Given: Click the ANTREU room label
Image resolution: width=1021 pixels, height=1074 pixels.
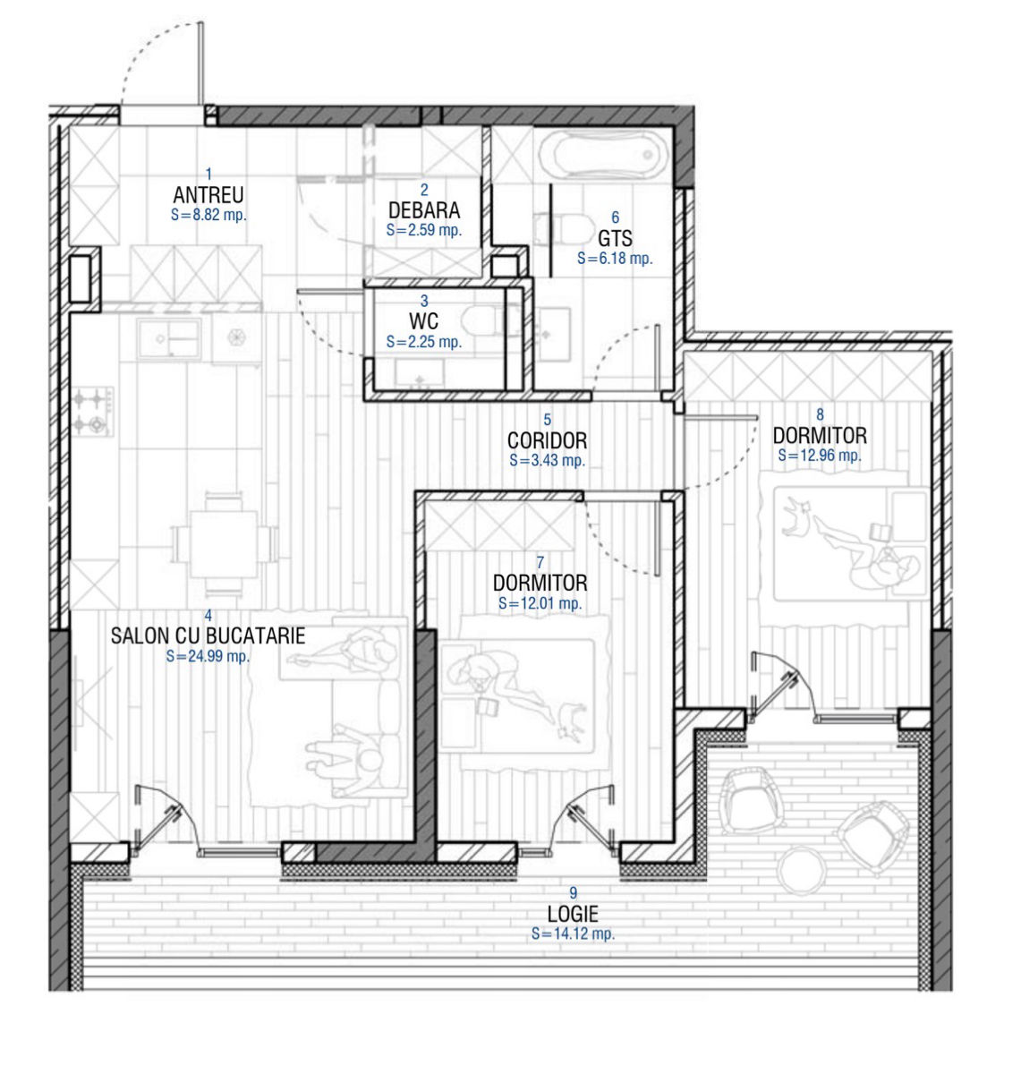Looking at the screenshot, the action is tap(208, 194).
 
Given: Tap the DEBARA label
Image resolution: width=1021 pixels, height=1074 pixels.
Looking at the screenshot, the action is tap(424, 209).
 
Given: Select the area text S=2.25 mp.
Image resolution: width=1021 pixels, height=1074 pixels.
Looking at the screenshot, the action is tap(424, 342).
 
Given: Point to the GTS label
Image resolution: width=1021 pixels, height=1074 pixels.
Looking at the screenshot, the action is tap(615, 238).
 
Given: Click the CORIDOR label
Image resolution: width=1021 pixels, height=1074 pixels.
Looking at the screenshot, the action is tap(547, 440).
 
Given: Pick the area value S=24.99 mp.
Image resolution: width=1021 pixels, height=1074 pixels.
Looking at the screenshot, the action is tap(208, 656).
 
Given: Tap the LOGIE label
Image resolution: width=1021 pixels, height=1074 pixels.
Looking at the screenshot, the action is tap(573, 914).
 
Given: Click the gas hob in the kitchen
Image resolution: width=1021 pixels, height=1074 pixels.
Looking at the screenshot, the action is tap(93, 412).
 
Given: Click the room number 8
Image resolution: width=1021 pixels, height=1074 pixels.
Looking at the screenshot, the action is tap(820, 415).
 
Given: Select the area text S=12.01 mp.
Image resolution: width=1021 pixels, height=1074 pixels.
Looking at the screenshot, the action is tap(540, 603).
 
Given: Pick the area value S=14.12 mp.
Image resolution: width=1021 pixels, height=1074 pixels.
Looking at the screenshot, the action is tap(573, 933).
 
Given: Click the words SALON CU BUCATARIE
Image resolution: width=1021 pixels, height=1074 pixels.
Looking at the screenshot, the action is tap(208, 635).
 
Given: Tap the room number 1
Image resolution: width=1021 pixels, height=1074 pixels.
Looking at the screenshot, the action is tap(208, 175).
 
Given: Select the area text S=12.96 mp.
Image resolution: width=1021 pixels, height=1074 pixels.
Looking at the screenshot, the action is tap(820, 455).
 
